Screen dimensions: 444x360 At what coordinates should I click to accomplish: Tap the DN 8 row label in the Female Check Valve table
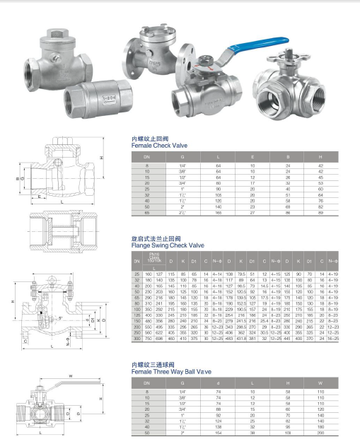(147, 164)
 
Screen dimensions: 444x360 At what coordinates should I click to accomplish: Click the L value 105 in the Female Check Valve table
(219, 194)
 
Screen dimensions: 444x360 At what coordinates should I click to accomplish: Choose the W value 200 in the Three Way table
(320, 436)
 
